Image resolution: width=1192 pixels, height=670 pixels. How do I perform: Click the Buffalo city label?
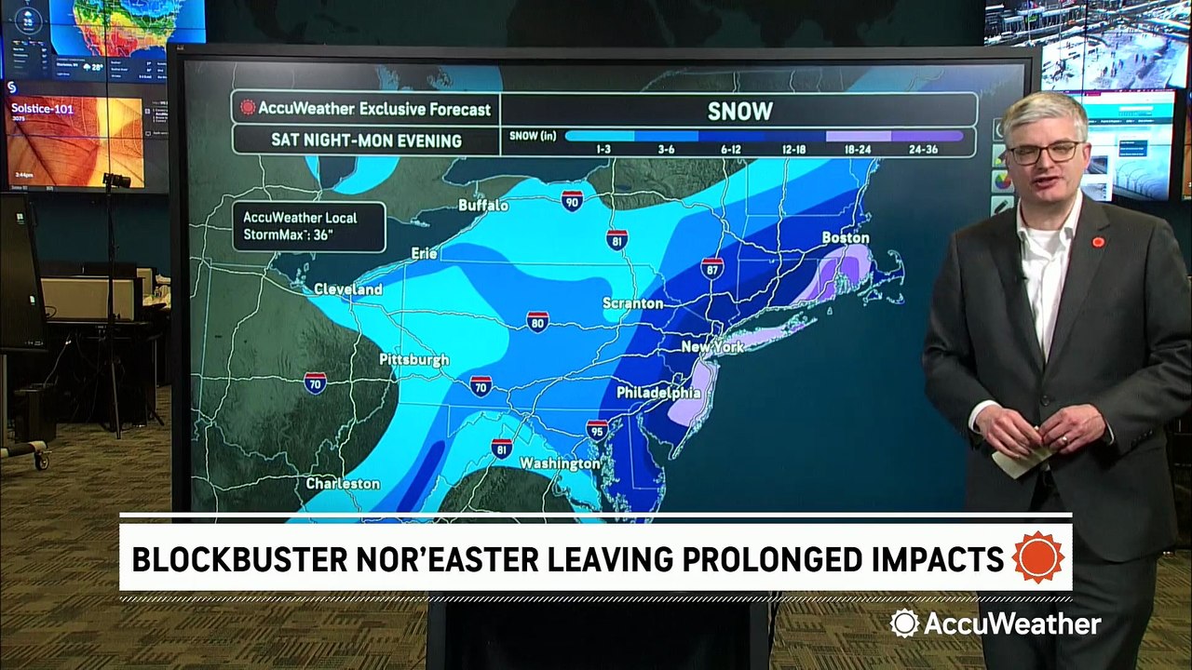point(483,205)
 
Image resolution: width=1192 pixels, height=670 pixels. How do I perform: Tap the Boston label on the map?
point(845,238)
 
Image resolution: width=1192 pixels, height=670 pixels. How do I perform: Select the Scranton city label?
point(632,303)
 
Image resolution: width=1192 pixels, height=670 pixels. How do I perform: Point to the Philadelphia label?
point(657,393)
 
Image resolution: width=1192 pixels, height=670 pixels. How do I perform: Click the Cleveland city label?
point(348,289)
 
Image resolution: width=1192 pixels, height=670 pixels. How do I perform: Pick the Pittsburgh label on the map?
point(413,359)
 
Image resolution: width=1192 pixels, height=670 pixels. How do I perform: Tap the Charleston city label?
point(343,484)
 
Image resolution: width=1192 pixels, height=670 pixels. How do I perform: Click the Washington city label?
point(560,463)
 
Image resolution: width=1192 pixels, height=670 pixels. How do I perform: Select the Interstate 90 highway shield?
point(572,200)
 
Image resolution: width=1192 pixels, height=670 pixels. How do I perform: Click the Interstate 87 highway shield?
point(712,268)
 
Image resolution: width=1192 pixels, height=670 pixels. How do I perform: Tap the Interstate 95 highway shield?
point(598,430)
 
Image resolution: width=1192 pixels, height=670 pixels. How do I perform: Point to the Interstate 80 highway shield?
point(536,322)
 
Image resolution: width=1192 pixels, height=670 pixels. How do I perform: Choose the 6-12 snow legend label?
point(731,148)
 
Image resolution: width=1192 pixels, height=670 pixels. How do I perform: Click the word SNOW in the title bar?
point(739,111)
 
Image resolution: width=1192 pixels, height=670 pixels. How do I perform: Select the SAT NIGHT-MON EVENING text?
point(366,141)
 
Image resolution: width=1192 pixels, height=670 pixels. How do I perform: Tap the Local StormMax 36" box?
point(308,226)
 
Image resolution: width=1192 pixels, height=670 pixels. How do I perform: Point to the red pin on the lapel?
point(1098,242)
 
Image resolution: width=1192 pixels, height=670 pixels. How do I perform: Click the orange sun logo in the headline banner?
point(1037,557)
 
